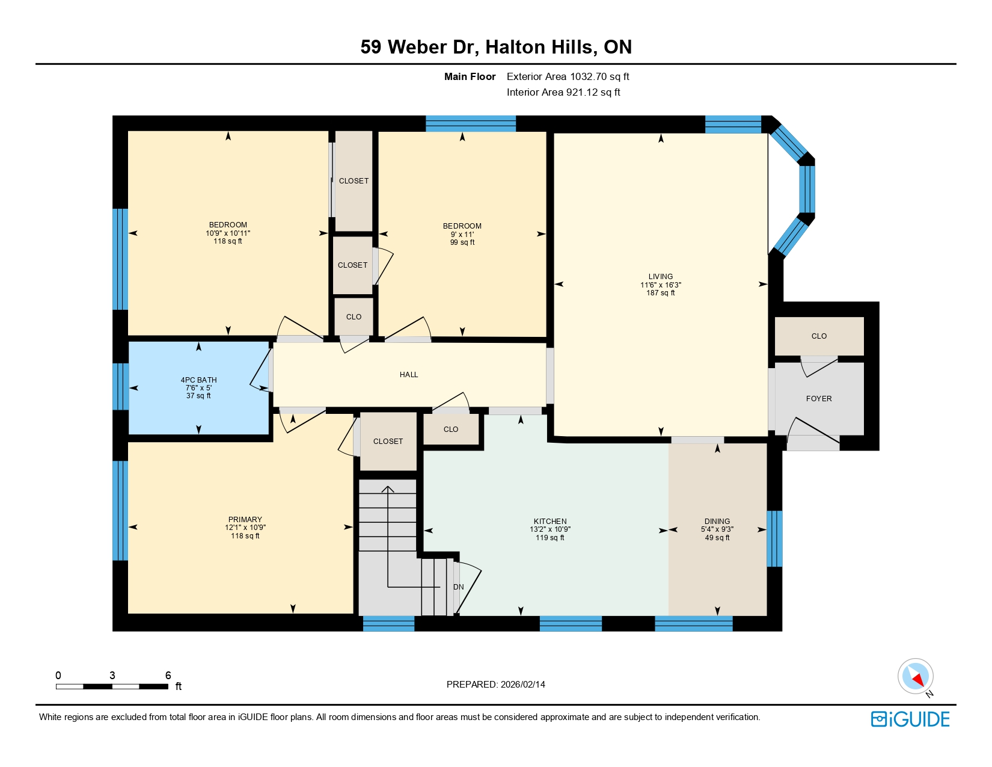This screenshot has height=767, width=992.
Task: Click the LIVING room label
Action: [x=660, y=277]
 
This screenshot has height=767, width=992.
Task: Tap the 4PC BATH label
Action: [x=198, y=380]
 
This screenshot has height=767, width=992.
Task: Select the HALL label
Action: [x=409, y=375]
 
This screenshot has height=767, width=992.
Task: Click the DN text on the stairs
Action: [x=459, y=587]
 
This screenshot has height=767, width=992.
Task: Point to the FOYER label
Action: [x=819, y=399]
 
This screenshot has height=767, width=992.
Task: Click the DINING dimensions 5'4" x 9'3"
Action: [x=717, y=530]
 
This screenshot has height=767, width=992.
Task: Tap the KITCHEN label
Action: [x=550, y=522]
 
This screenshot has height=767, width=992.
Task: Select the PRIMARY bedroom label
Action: [x=245, y=520]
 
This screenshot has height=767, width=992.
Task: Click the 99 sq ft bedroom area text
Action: [x=462, y=242]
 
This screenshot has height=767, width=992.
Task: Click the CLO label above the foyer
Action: [x=819, y=336]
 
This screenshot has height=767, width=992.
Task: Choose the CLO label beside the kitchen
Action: [x=451, y=430]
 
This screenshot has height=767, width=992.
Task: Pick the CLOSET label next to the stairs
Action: [x=388, y=442]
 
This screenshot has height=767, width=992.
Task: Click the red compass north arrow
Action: [x=918, y=680]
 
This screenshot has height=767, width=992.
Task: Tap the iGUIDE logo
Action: [x=910, y=719]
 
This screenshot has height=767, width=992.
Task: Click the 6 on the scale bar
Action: [x=168, y=676]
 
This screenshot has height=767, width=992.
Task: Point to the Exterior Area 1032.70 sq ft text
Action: [x=568, y=76]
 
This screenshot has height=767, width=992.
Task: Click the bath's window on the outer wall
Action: [x=121, y=386]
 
